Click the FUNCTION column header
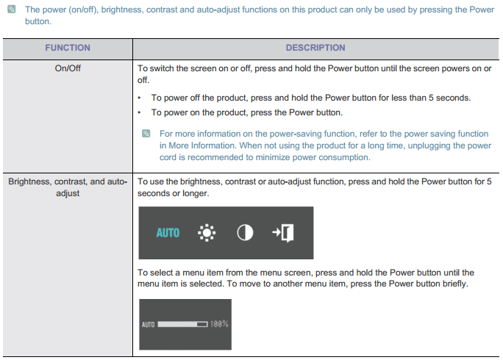pos(68,48)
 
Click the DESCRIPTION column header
pos(315,48)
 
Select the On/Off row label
pos(68,68)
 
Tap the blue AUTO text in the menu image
pos(168,233)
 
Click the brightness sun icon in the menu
pos(207,232)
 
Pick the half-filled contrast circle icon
pos(245,232)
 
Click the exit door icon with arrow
pos(283,233)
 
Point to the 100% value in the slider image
pos(219,324)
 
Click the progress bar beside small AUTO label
pos(183,325)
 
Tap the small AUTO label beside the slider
pos(149,325)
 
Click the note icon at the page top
pos(12,9)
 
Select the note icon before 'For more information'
pos(146,134)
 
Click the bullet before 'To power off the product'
pos(139,98)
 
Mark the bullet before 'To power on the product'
pos(139,112)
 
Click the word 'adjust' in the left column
pos(68,194)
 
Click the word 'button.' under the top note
pos(38,21)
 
